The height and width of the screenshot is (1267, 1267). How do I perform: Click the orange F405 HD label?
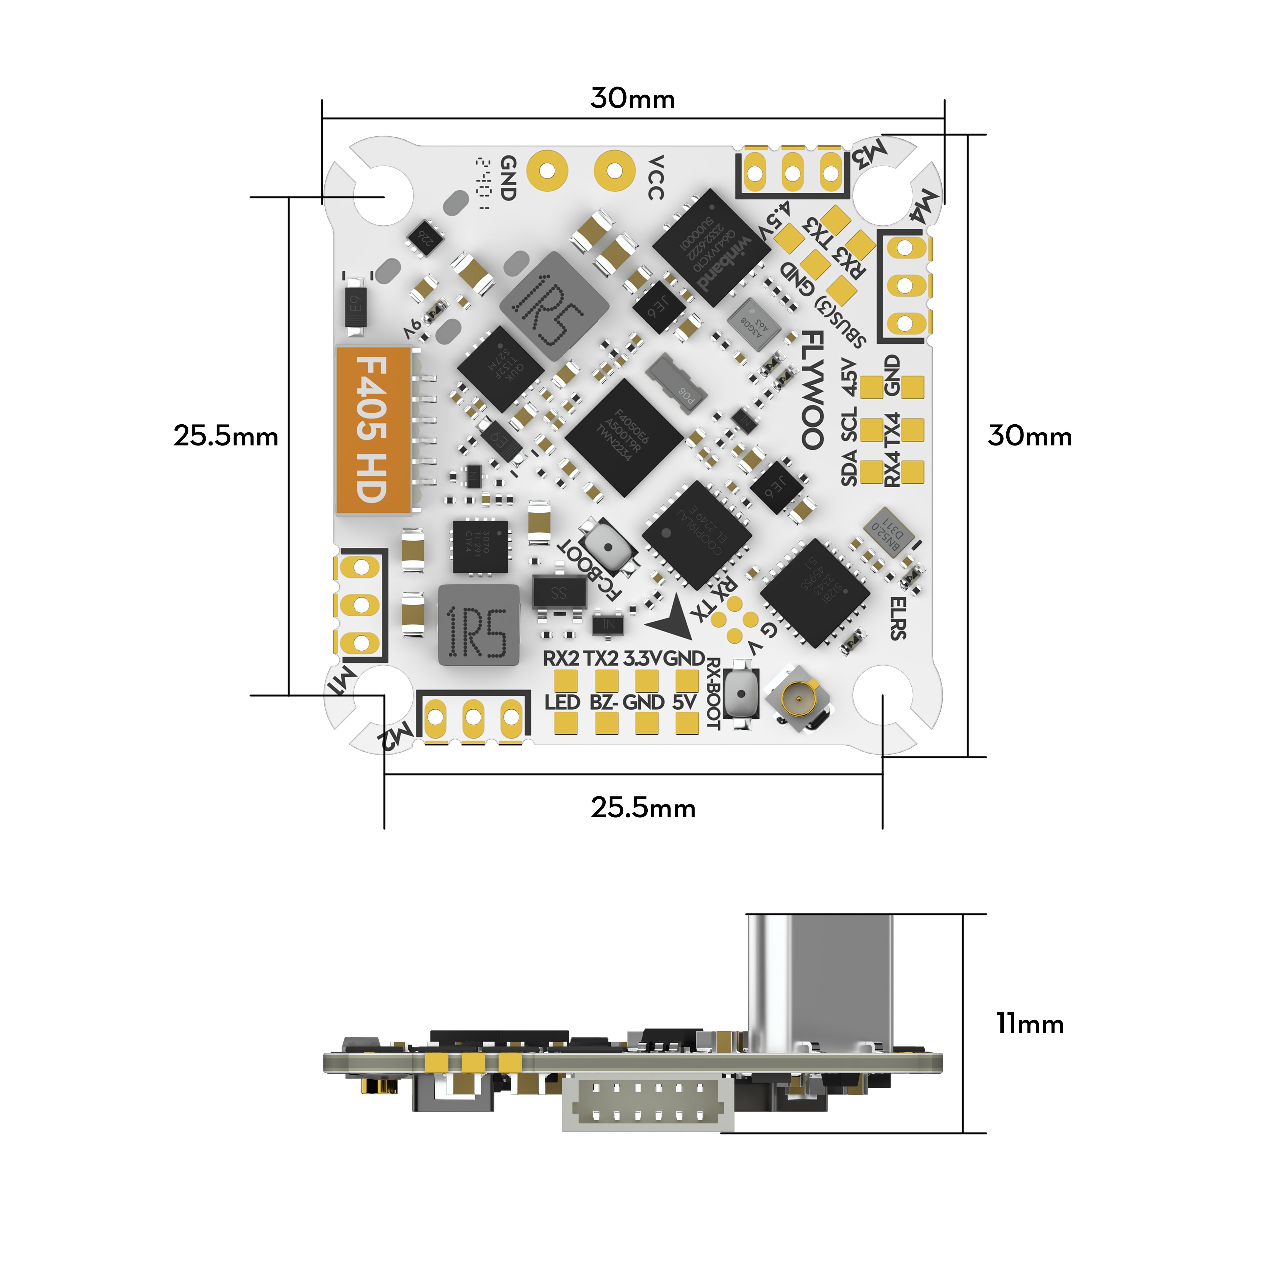tap(373, 430)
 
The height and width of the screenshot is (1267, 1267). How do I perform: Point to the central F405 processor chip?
tap(623, 438)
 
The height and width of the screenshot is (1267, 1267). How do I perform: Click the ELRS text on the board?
tap(898, 618)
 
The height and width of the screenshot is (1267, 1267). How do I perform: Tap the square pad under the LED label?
tap(565, 723)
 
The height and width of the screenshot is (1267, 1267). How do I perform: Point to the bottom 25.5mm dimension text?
tap(643, 807)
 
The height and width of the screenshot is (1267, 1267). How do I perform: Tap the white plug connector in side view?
tap(646, 1105)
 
